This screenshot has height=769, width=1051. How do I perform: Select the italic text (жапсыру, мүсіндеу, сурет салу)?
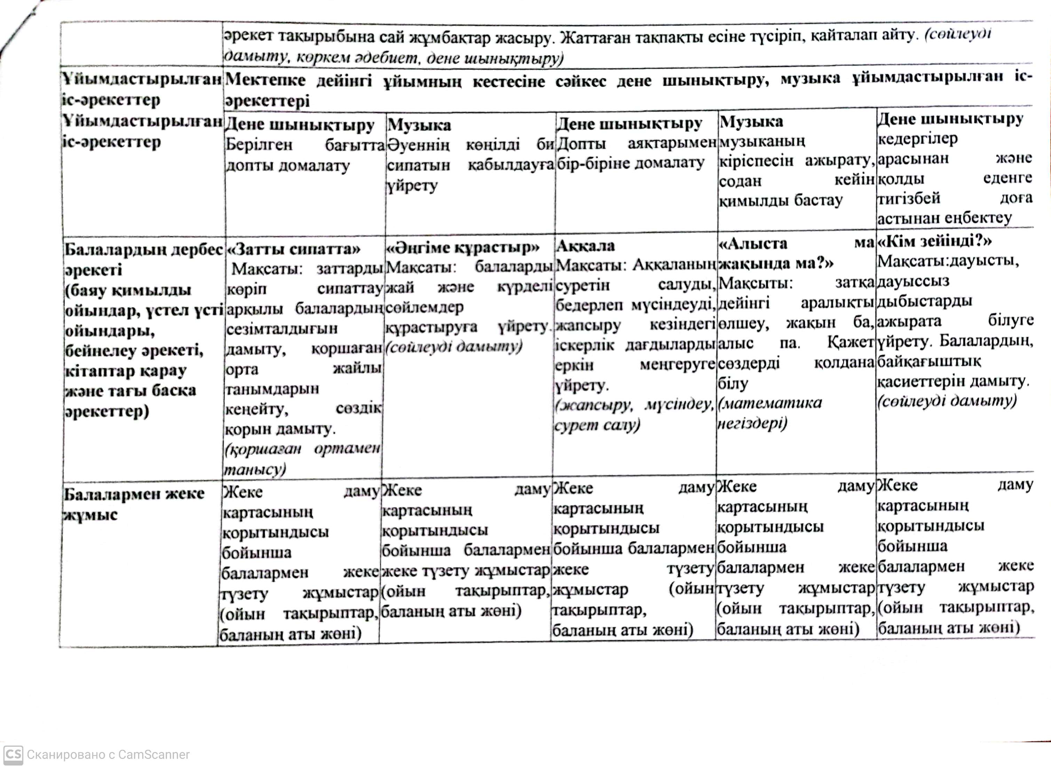click(634, 415)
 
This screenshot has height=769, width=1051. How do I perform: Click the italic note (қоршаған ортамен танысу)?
click(302, 458)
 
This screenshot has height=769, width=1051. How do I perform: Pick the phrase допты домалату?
click(287, 166)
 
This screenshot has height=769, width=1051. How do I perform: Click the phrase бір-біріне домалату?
click(630, 163)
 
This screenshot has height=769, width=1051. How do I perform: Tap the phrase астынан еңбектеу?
click(945, 218)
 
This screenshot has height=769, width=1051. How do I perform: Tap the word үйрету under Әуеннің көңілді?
click(412, 186)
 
